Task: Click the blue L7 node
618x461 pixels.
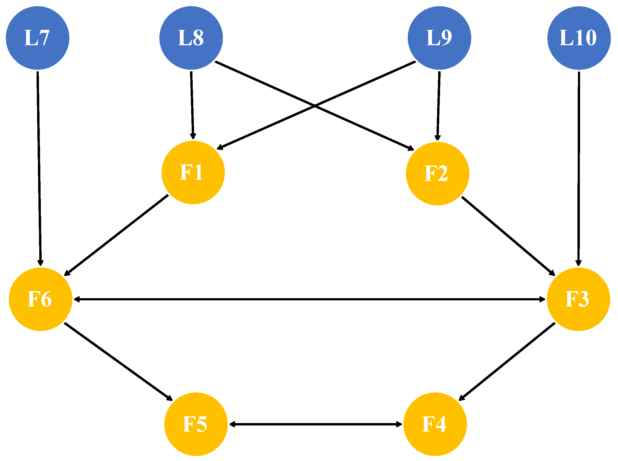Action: pyautogui.click(x=38, y=38)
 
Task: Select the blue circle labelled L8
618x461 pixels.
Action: pyautogui.click(x=191, y=38)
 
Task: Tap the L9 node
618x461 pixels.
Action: pyautogui.click(x=440, y=38)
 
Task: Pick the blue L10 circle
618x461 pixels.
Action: pyautogui.click(x=579, y=38)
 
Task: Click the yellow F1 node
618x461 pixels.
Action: pyautogui.click(x=193, y=173)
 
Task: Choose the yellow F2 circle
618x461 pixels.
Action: pyautogui.click(x=438, y=174)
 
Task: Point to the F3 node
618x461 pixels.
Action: pyautogui.click(x=578, y=299)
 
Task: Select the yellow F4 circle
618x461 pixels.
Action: pyautogui.click(x=435, y=424)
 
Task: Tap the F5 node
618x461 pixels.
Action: pyautogui.click(x=196, y=424)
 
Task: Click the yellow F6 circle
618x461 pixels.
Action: pyautogui.click(x=41, y=299)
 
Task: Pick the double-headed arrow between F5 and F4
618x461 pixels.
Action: pyautogui.click(x=316, y=424)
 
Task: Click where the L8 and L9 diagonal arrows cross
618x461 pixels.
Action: pyautogui.click(x=315, y=106)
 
